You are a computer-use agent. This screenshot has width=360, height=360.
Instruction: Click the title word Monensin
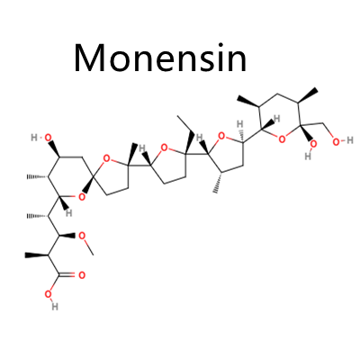click(160, 58)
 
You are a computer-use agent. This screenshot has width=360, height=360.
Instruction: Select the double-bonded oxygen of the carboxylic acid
click(82, 275)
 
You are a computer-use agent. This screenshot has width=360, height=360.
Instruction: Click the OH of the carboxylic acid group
click(51, 300)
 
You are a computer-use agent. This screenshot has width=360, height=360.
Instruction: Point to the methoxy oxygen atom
click(82, 236)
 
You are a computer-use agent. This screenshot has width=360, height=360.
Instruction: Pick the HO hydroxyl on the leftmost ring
click(41, 138)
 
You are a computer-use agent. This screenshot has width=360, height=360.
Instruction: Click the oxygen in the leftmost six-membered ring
click(81, 197)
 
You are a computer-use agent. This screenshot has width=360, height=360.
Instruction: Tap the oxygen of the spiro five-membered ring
click(105, 157)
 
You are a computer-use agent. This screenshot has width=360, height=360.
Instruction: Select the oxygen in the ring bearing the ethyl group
click(164, 148)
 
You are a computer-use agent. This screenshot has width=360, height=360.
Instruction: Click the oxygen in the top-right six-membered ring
click(282, 139)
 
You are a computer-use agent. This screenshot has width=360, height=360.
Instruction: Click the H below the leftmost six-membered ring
click(69, 213)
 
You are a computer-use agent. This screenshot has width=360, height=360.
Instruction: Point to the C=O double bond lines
click(67, 274)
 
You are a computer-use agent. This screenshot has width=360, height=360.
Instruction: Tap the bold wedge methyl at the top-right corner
click(308, 95)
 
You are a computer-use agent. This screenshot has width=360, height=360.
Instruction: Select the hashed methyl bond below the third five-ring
click(218, 182)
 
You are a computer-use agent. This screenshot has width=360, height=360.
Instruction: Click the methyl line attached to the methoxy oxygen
click(89, 248)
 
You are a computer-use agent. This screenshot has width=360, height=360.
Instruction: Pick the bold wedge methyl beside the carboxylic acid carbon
click(36, 256)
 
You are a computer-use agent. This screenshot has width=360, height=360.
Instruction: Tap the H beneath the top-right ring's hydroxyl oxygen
click(308, 156)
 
